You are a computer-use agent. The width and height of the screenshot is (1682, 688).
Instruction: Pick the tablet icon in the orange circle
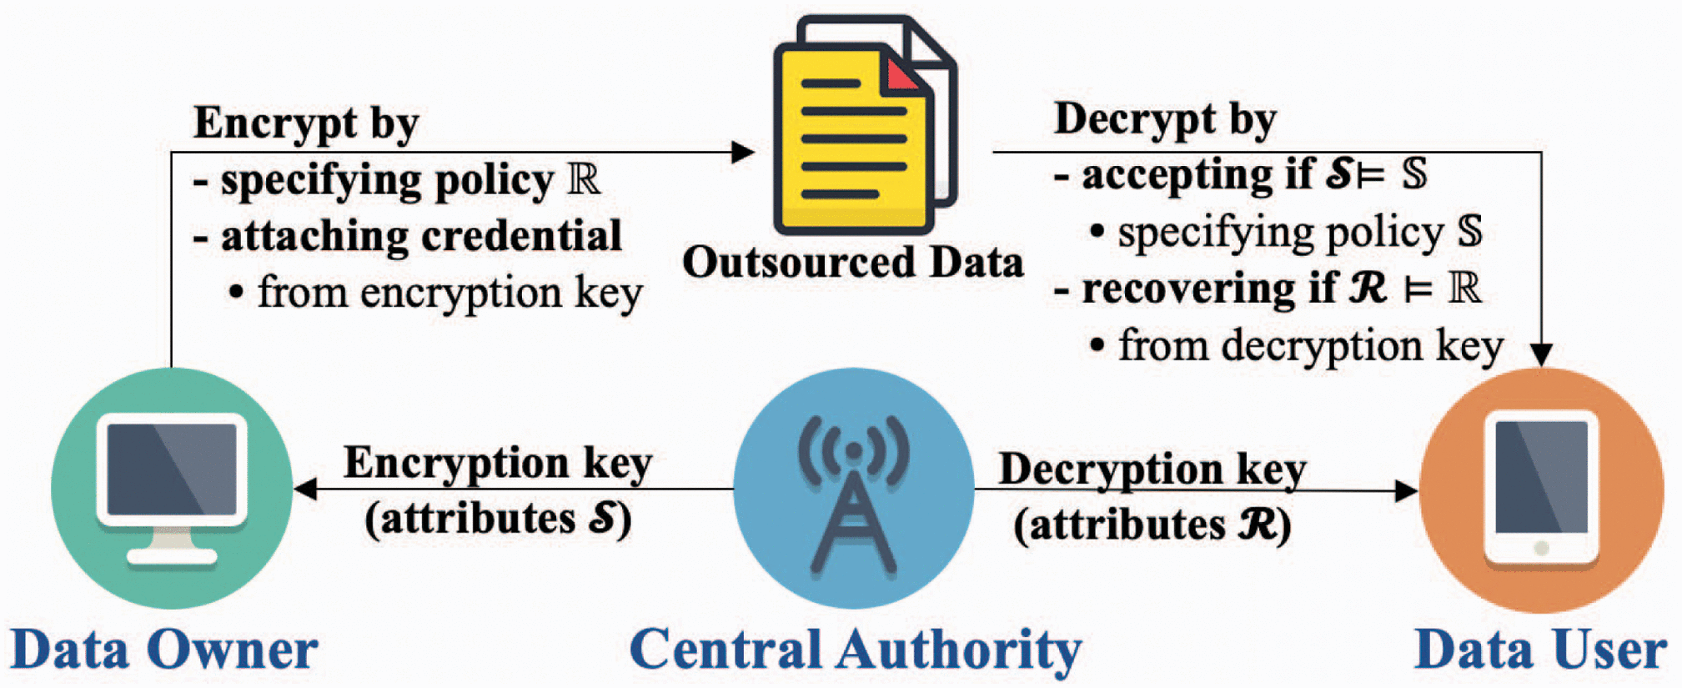coord(1541,488)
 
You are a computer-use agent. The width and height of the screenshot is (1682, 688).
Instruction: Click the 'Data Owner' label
coord(163,650)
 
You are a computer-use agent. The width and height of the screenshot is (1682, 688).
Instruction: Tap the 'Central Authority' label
coord(855,650)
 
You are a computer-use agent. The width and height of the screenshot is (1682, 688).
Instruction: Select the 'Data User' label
coord(1540,650)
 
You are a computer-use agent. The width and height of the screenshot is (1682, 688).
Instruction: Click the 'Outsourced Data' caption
coord(852,263)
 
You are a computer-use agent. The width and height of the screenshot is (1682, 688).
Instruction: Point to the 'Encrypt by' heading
coord(306,123)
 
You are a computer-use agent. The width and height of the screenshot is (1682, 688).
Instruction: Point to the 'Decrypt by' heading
coord(1164,119)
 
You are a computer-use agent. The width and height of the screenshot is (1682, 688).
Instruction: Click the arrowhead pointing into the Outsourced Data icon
coord(743,152)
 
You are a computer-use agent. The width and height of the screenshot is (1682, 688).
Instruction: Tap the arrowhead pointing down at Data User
coord(1541,354)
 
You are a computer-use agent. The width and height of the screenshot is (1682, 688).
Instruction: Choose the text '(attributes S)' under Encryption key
coord(498,520)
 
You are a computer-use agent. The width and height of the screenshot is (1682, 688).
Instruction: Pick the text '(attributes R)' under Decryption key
coord(1152,526)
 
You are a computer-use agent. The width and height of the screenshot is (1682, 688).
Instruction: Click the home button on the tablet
coord(1541,548)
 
